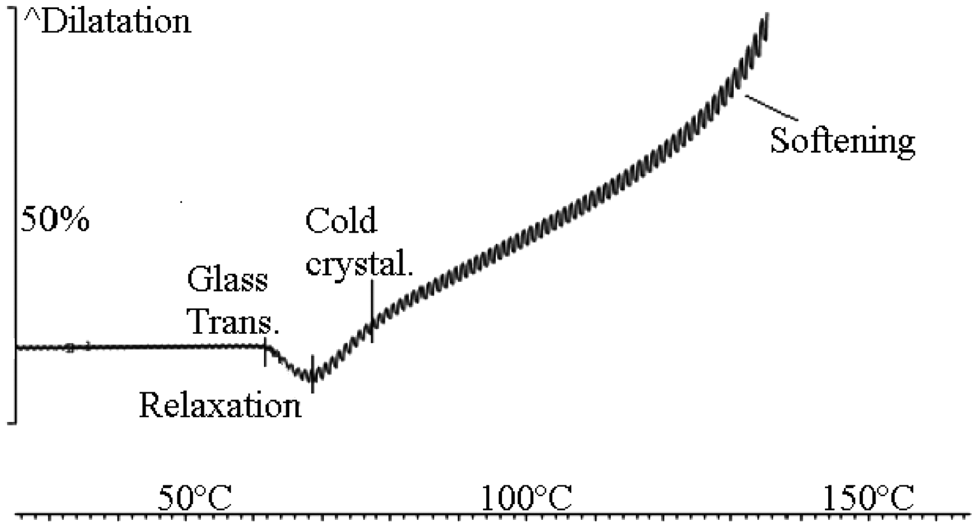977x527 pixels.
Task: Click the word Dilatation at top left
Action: tap(116, 22)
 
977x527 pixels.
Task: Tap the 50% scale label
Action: tap(55, 220)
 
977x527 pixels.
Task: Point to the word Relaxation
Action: tap(220, 405)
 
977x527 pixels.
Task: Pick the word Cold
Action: tap(341, 221)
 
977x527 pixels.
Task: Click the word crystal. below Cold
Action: tap(359, 265)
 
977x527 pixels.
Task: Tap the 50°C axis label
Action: tap(195, 498)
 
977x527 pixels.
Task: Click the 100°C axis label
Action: tap(526, 498)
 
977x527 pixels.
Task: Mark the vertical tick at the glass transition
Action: tap(265, 352)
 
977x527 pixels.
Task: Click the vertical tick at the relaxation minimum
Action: tap(313, 374)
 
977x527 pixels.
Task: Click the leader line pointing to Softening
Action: tap(771, 107)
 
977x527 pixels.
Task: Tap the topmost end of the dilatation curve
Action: tap(767, 14)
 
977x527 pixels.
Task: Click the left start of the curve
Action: tap(17, 347)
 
